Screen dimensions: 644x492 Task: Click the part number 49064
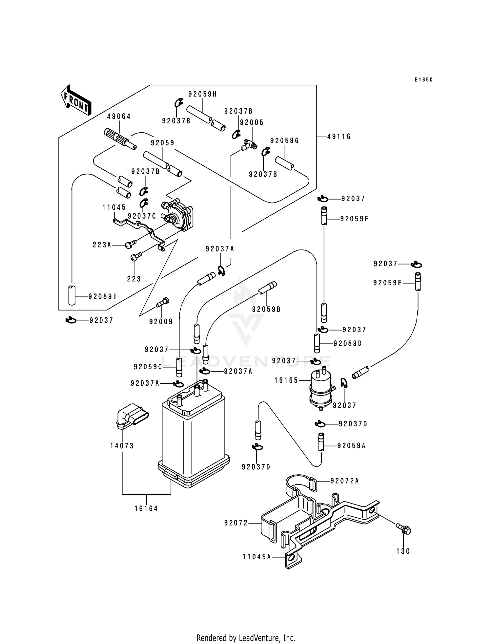pos(119,116)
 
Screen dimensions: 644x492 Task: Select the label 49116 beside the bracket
pos(339,137)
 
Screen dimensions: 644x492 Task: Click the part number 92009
pos(161,322)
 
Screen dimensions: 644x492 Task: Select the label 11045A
pos(257,557)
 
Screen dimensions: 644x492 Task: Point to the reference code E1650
pos(423,80)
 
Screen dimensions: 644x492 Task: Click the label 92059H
pos(202,94)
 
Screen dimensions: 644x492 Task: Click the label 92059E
pos(387,283)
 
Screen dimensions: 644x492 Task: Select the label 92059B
pos(266,309)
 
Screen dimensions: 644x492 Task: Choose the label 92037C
pos(142,216)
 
